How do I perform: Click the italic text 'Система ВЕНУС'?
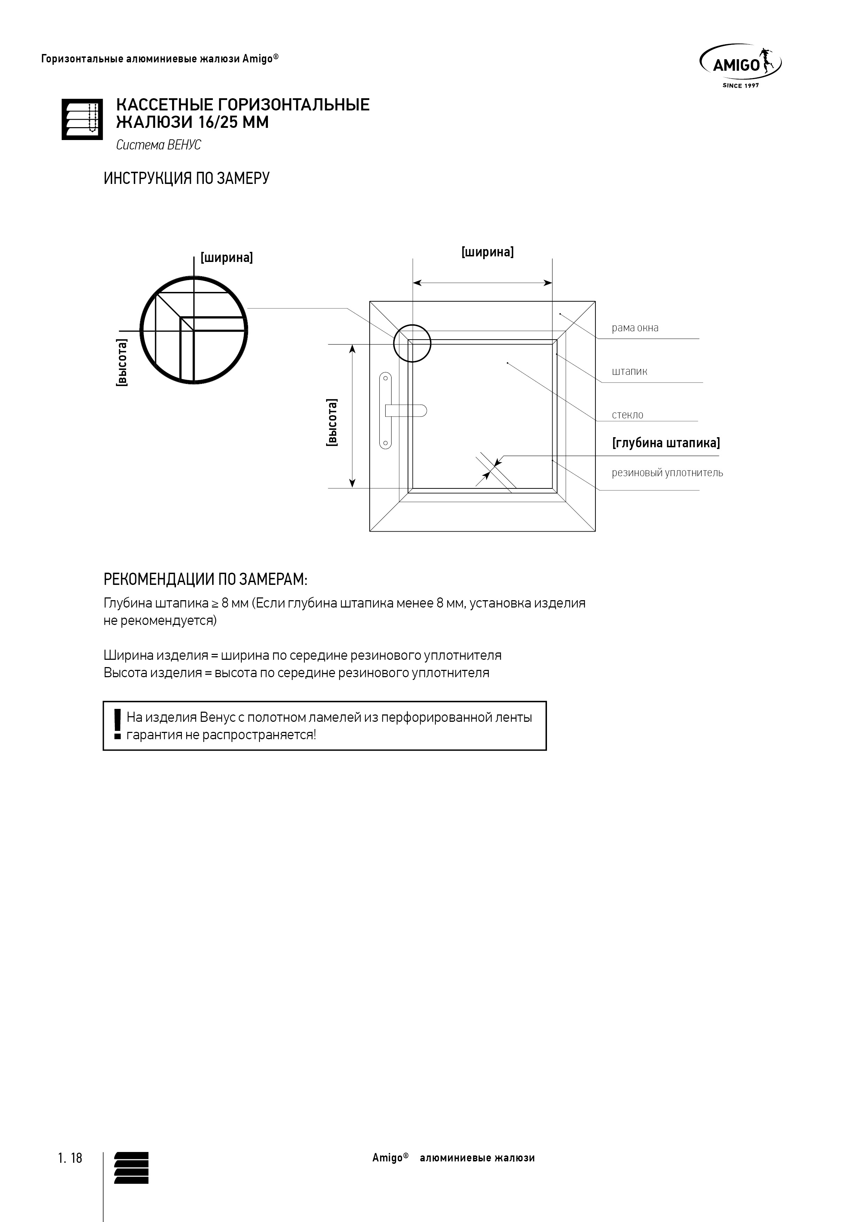(159, 145)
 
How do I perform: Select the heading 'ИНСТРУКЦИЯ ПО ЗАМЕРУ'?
(186, 178)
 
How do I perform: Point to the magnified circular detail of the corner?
(194, 330)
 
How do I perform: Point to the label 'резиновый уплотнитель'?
(667, 473)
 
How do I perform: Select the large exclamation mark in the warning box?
(117, 725)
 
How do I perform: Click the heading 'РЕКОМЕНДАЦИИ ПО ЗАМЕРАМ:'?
(206, 579)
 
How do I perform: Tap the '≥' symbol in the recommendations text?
(215, 604)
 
